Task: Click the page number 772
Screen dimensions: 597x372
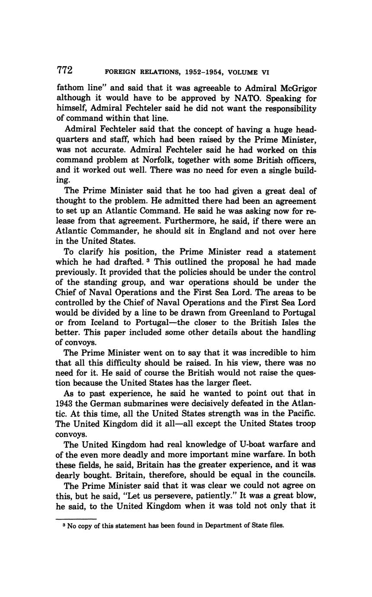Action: click(x=64, y=70)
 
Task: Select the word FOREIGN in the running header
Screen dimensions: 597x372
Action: click(x=120, y=72)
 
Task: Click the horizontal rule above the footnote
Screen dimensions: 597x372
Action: click(x=77, y=519)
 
